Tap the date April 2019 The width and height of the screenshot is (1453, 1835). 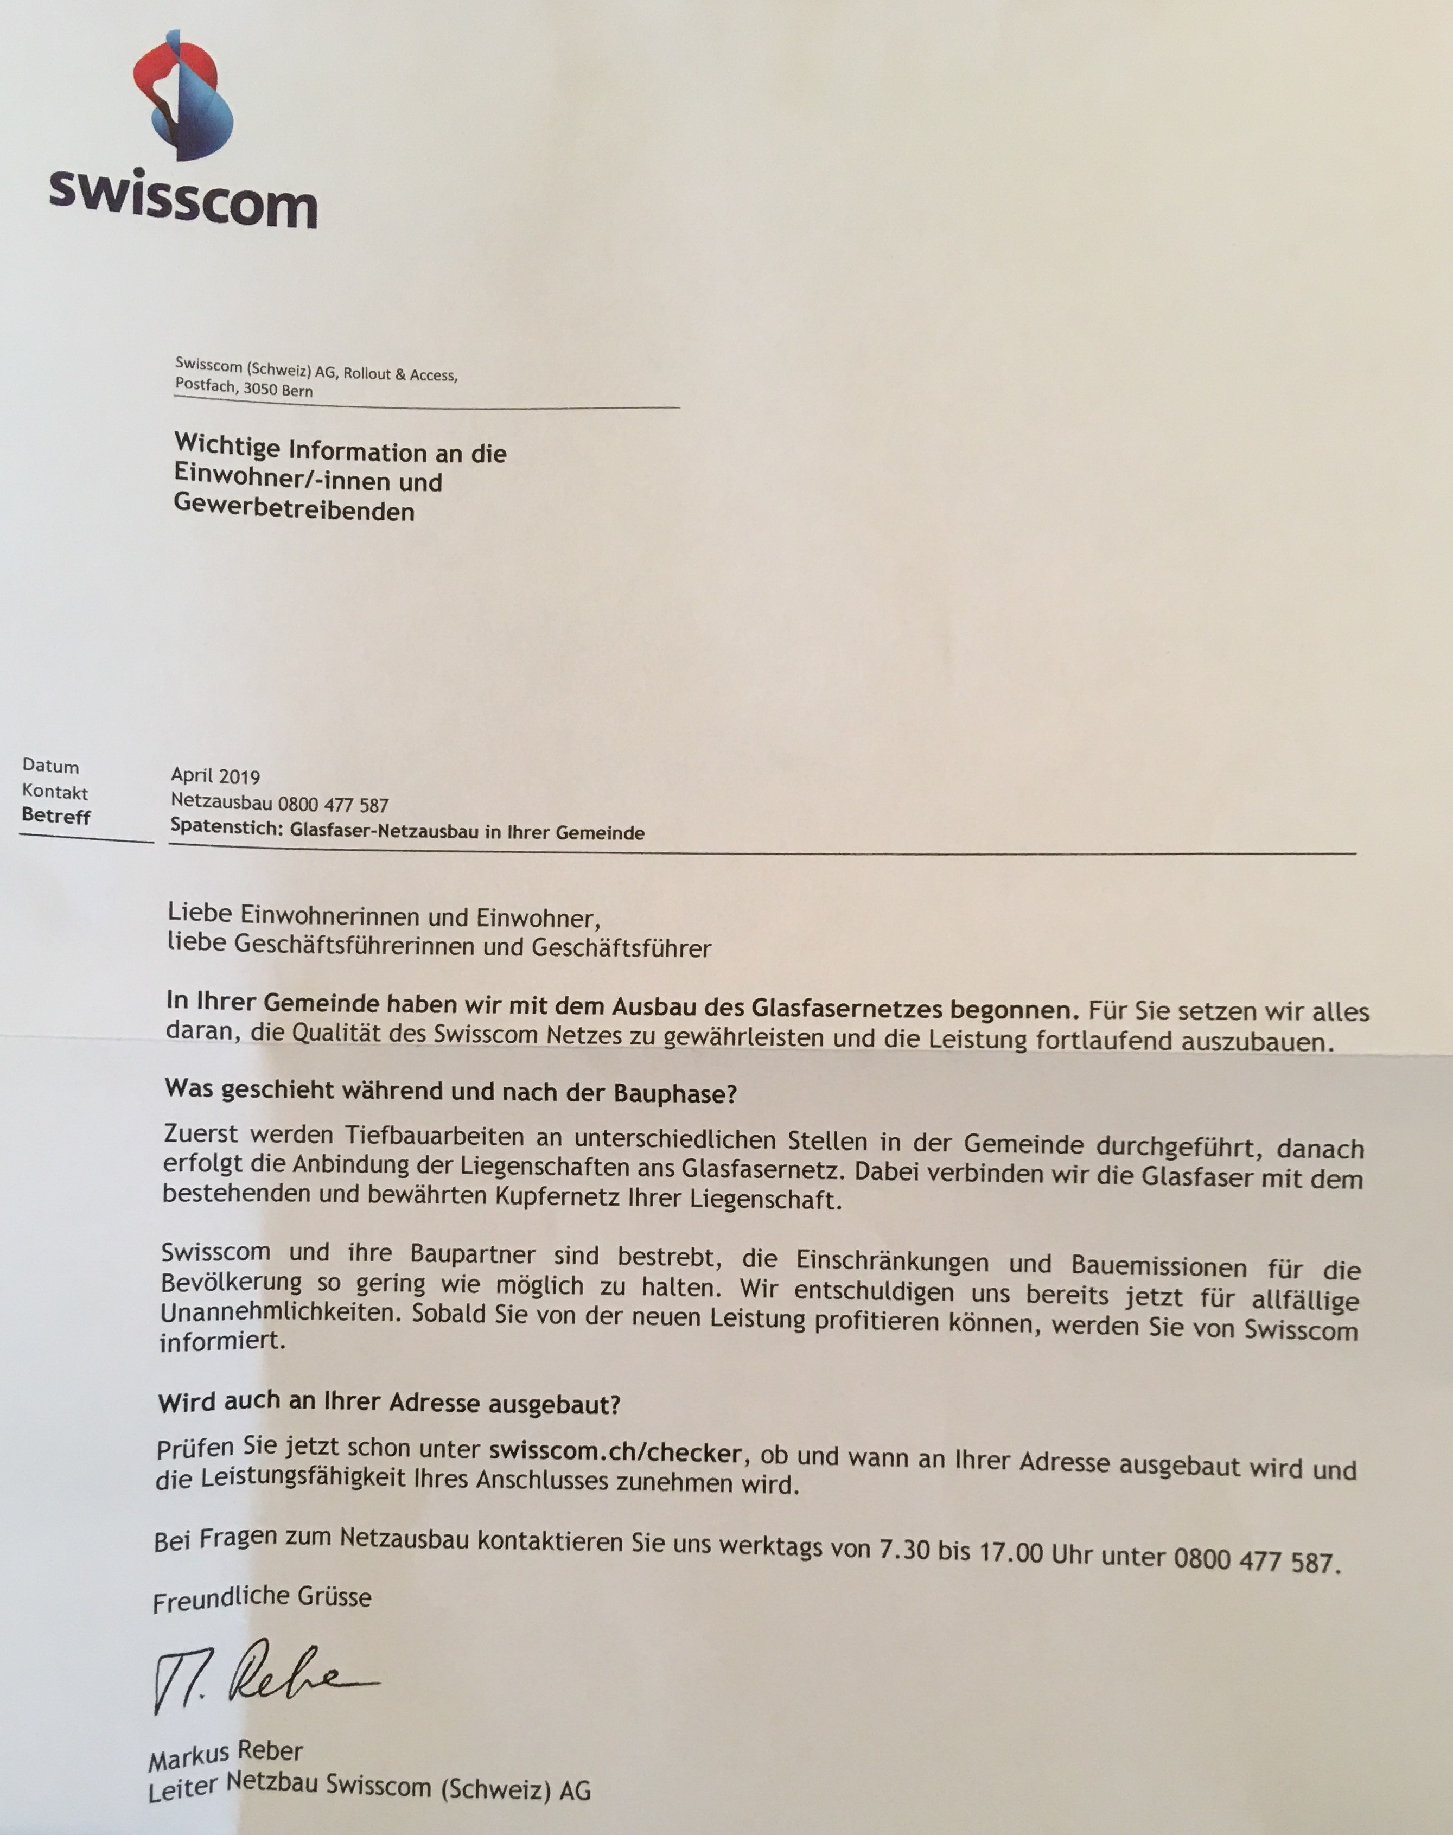pyautogui.click(x=215, y=776)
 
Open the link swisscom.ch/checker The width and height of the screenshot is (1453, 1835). pyautogui.click(x=617, y=1450)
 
